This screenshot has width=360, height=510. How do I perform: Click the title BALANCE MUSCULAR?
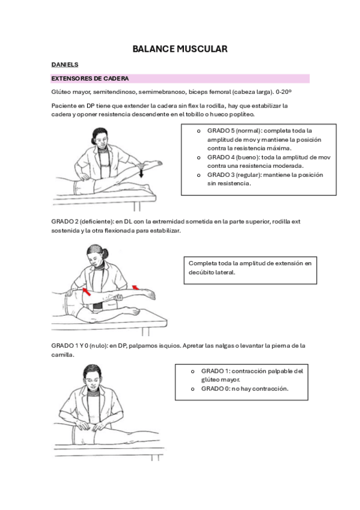click(180, 49)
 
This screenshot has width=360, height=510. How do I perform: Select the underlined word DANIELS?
click(65, 65)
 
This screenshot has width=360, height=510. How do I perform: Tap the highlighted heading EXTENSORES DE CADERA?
click(90, 78)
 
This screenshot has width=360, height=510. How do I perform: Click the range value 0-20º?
click(283, 92)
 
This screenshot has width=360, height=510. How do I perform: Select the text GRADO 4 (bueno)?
click(233, 158)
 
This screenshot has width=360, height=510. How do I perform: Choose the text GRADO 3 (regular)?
click(234, 175)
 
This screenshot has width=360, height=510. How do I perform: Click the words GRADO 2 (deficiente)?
click(82, 222)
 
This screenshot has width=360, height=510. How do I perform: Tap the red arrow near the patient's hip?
click(87, 292)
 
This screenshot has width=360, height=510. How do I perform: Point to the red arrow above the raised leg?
click(135, 287)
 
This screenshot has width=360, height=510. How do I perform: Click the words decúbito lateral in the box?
click(212, 272)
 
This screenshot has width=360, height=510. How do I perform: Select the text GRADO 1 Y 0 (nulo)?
click(79, 346)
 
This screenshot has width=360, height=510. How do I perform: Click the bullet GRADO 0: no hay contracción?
click(245, 389)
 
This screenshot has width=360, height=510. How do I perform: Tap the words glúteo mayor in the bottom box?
click(221, 380)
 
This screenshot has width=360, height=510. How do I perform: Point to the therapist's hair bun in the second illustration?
click(105, 254)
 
